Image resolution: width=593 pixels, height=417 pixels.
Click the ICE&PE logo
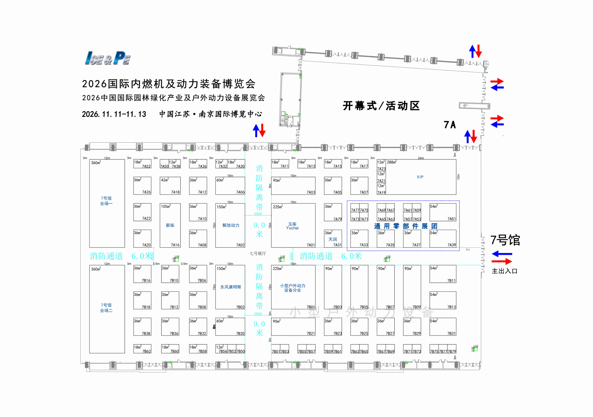107,58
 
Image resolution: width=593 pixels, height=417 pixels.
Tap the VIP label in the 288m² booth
420,177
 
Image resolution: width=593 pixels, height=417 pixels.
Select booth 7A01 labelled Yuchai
293,226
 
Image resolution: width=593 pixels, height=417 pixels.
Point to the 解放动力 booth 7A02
230,225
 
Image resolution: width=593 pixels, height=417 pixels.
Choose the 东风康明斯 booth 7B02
230,287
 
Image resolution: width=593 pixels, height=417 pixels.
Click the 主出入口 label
504,271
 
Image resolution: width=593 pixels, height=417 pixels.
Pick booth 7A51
443,212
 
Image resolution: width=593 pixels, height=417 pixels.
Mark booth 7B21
293,327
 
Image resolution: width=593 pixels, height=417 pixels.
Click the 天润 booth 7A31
333,239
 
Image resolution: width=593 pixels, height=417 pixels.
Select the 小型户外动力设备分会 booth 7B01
293,288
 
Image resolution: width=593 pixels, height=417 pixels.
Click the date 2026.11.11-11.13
114,114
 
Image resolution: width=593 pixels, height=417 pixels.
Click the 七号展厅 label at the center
257,254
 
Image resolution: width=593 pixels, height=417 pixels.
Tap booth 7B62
142,349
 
